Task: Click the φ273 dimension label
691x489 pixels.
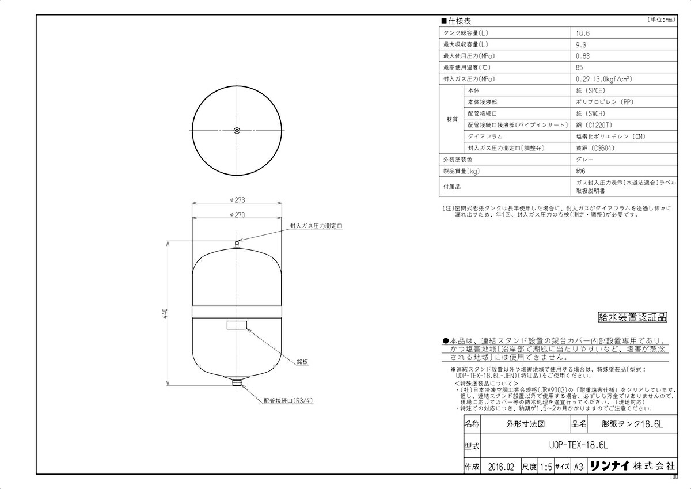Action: [x=237, y=200]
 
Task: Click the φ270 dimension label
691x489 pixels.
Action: [x=237, y=214]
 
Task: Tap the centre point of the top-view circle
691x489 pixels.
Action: [x=237, y=131]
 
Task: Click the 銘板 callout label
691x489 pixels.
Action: [x=303, y=362]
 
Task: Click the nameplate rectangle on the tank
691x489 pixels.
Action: [x=237, y=326]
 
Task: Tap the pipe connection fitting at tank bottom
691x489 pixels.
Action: [x=237, y=381]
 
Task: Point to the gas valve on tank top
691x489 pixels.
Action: [x=237, y=246]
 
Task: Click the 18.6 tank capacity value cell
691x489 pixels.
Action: [x=582, y=33]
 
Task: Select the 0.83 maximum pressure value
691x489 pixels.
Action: [x=583, y=56]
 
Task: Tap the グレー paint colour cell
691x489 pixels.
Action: [x=584, y=160]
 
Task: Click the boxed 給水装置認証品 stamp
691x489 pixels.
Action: [x=632, y=317]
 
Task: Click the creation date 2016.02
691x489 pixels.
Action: [x=499, y=467]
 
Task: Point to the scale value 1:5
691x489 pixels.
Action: [x=546, y=467]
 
